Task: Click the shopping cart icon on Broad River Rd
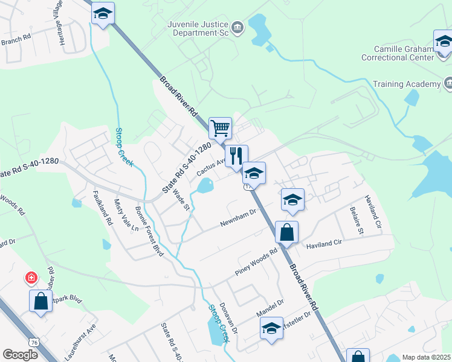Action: [x=221, y=128]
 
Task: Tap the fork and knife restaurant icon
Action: [x=236, y=156]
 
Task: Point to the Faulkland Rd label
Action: [x=102, y=208]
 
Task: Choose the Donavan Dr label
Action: [x=228, y=319]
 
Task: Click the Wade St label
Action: [x=181, y=199]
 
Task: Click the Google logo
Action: [x=20, y=354]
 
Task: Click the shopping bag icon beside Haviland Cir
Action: [x=286, y=232]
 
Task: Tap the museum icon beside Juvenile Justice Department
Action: [x=237, y=28]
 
